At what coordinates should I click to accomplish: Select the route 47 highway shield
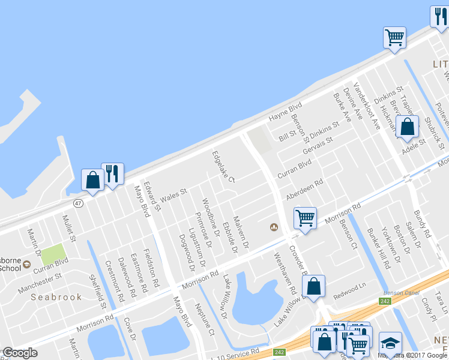[x=78, y=203]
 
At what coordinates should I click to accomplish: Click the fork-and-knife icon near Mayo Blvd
[x=112, y=174]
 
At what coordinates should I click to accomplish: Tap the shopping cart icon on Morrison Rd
[x=305, y=218]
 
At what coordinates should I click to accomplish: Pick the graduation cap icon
[x=390, y=343]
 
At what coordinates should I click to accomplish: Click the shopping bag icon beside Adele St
[x=408, y=127]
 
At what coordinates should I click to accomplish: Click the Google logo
[x=19, y=353]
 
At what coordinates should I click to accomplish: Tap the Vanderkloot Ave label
[x=367, y=106]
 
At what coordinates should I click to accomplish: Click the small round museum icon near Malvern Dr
[x=274, y=227]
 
